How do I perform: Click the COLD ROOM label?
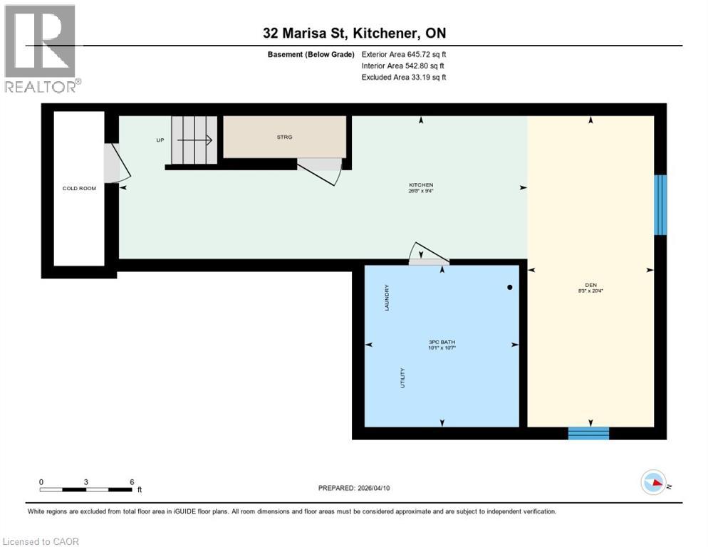[x=79, y=189]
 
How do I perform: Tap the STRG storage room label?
[x=284, y=137]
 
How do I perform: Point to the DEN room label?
[x=590, y=285]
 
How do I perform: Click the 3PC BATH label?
[x=442, y=343]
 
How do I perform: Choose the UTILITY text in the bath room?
[x=403, y=378]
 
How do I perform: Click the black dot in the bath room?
[x=510, y=288]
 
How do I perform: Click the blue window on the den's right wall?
[x=660, y=205]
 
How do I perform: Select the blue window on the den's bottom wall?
[x=588, y=432]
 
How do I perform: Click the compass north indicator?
[x=652, y=483]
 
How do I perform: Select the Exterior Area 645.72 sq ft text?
[x=404, y=54]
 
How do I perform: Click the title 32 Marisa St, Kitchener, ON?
[x=353, y=33]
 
